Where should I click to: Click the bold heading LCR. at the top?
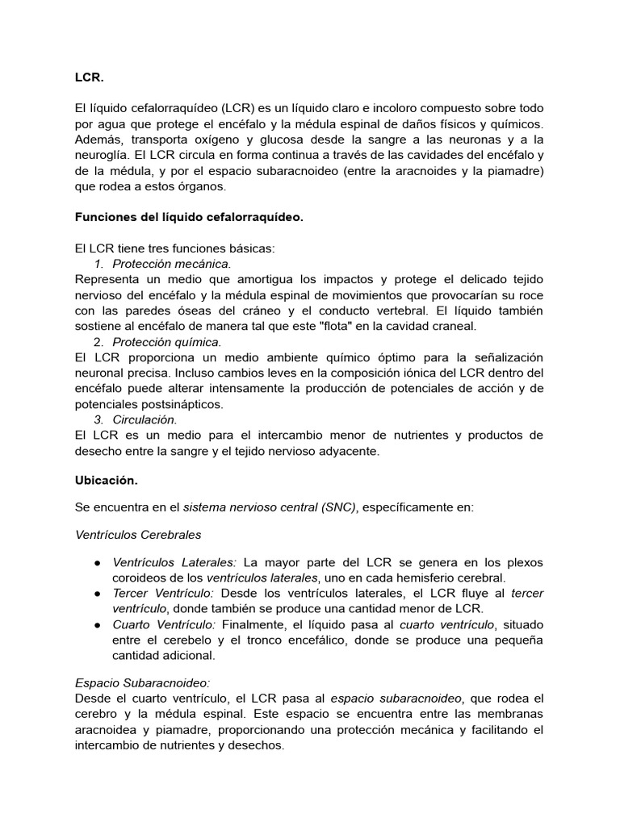pyautogui.click(x=89, y=78)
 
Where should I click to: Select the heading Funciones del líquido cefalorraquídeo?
pyautogui.click(x=189, y=217)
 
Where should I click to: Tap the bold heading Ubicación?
pyautogui.click(x=106, y=480)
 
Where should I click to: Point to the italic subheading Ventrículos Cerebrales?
pyautogui.click(x=138, y=534)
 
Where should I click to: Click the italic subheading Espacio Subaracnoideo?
pyautogui.click(x=142, y=682)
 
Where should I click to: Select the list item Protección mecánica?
pyautogui.click(x=171, y=264)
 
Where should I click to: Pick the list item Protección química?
pyautogui.click(x=166, y=341)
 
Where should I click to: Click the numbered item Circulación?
pyautogui.click(x=145, y=419)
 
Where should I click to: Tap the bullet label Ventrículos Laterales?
pyautogui.click(x=174, y=562)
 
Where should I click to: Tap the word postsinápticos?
pyautogui.click(x=174, y=403)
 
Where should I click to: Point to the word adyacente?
pyautogui.click(x=347, y=451)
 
